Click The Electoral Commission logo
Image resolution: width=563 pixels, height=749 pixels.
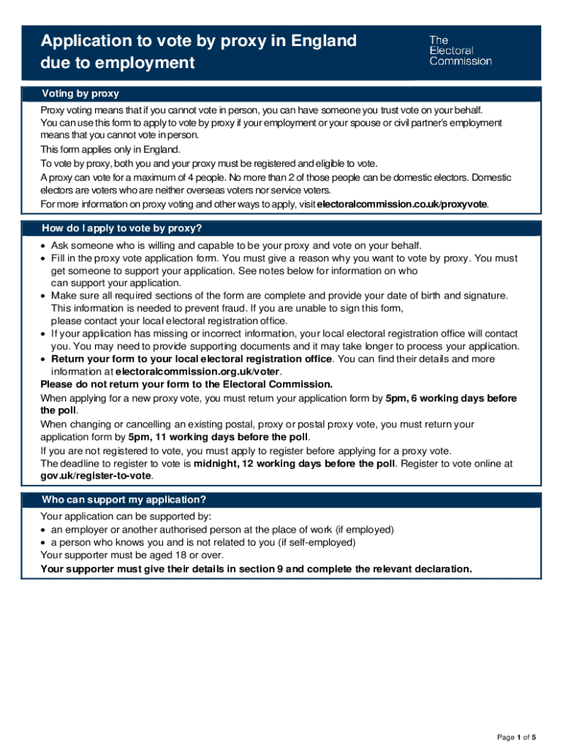(460, 50)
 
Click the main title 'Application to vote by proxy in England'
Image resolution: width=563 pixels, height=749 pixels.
(198, 41)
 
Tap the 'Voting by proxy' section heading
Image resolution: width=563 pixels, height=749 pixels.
(80, 94)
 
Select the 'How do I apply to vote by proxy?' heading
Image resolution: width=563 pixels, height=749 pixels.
(121, 228)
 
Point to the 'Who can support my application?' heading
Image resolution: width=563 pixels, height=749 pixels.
(124, 500)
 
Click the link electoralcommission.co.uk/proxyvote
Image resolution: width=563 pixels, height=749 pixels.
(401, 203)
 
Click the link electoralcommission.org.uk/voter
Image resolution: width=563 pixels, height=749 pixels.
(197, 371)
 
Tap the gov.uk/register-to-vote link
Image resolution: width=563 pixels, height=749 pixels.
(97, 475)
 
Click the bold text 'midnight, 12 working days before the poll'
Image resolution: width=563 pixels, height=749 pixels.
(293, 463)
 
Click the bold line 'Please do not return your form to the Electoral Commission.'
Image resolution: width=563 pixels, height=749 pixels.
(186, 384)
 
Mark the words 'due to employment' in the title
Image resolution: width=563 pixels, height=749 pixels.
(117, 63)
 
